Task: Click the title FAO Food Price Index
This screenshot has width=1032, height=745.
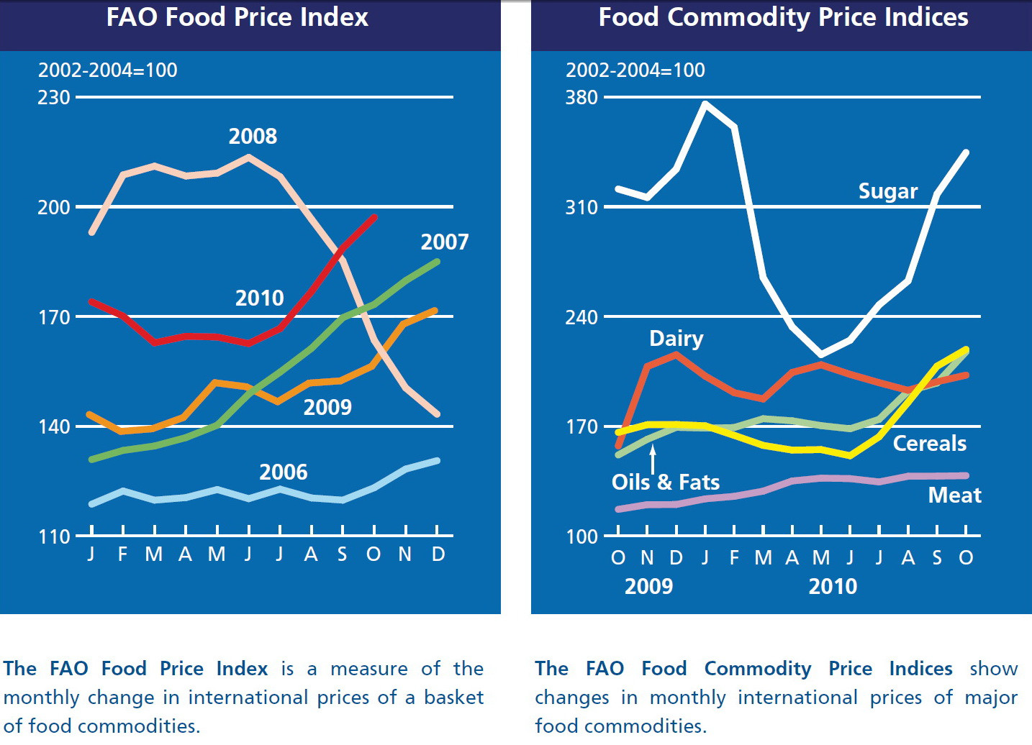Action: (237, 17)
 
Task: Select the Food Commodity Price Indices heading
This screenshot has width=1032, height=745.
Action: (783, 17)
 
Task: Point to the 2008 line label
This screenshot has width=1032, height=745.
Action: (253, 136)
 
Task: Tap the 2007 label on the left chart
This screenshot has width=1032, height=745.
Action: (444, 242)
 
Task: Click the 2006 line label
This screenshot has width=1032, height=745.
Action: (283, 472)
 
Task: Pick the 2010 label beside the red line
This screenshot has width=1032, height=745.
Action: (259, 298)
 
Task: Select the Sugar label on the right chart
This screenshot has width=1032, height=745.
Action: (887, 191)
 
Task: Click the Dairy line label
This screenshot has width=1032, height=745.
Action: (676, 338)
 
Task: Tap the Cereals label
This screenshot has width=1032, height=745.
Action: (929, 443)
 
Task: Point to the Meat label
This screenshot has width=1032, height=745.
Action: (954, 495)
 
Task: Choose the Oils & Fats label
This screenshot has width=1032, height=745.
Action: (665, 482)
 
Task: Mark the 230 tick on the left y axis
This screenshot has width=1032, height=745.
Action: (54, 97)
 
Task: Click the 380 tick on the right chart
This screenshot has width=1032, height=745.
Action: (581, 97)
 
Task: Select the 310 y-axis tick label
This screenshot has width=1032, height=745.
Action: (581, 207)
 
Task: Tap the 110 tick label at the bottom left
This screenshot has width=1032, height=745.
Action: (54, 536)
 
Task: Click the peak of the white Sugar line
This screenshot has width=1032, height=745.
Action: (705, 104)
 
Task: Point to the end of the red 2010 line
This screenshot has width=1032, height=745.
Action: (374, 216)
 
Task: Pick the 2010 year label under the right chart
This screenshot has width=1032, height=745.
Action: (833, 586)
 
